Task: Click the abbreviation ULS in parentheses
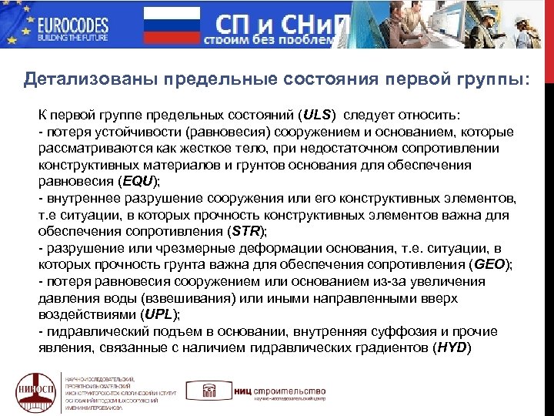click(318, 115)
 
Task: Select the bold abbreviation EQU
click(138, 182)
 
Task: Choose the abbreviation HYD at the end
click(452, 348)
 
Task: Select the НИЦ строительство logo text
click(285, 391)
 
